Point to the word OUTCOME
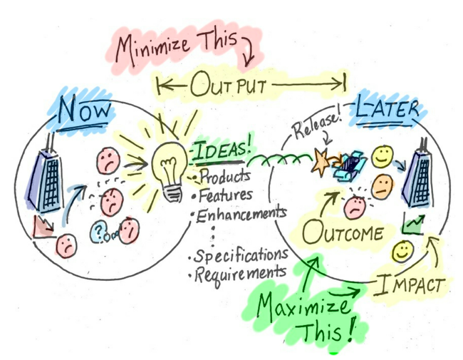pyautogui.click(x=344, y=233)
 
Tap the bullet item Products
pyautogui.click(x=224, y=176)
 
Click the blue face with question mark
pyautogui.click(x=98, y=231)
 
